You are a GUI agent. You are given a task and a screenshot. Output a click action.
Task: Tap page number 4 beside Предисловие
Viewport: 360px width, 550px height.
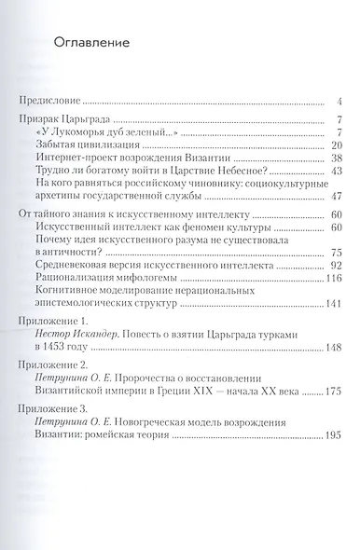(x=342, y=100)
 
